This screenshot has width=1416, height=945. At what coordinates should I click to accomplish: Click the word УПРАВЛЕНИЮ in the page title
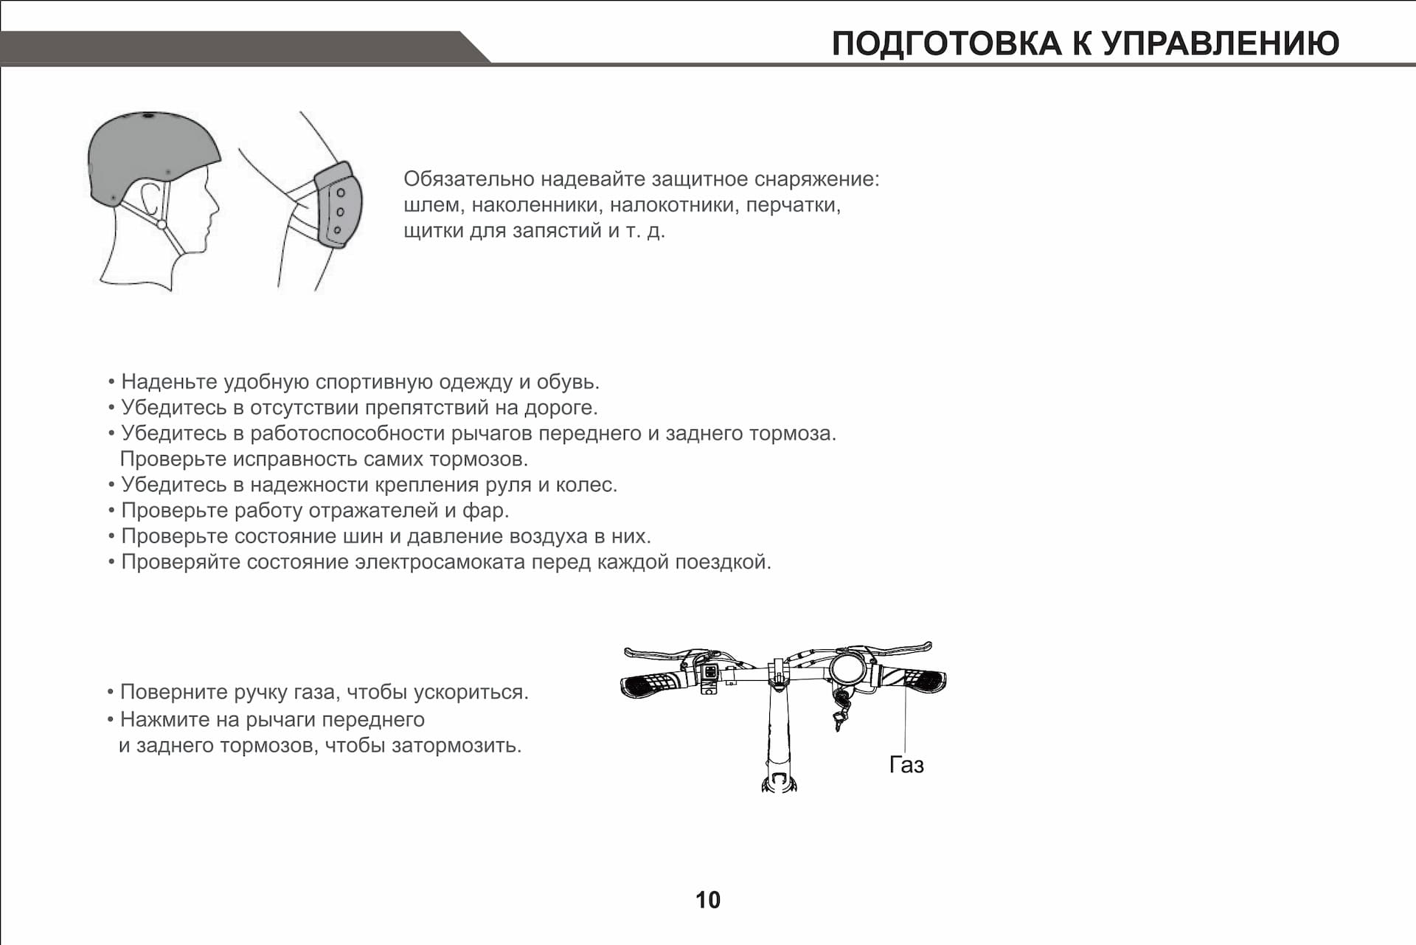coord(1220,44)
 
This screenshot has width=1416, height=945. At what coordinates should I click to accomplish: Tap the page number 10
coord(707,899)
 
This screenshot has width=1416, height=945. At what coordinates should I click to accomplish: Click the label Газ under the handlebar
coord(906,765)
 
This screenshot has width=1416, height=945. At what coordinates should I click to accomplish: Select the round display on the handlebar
coord(848,669)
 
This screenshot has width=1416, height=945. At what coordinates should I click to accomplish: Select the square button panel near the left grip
coord(710,672)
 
